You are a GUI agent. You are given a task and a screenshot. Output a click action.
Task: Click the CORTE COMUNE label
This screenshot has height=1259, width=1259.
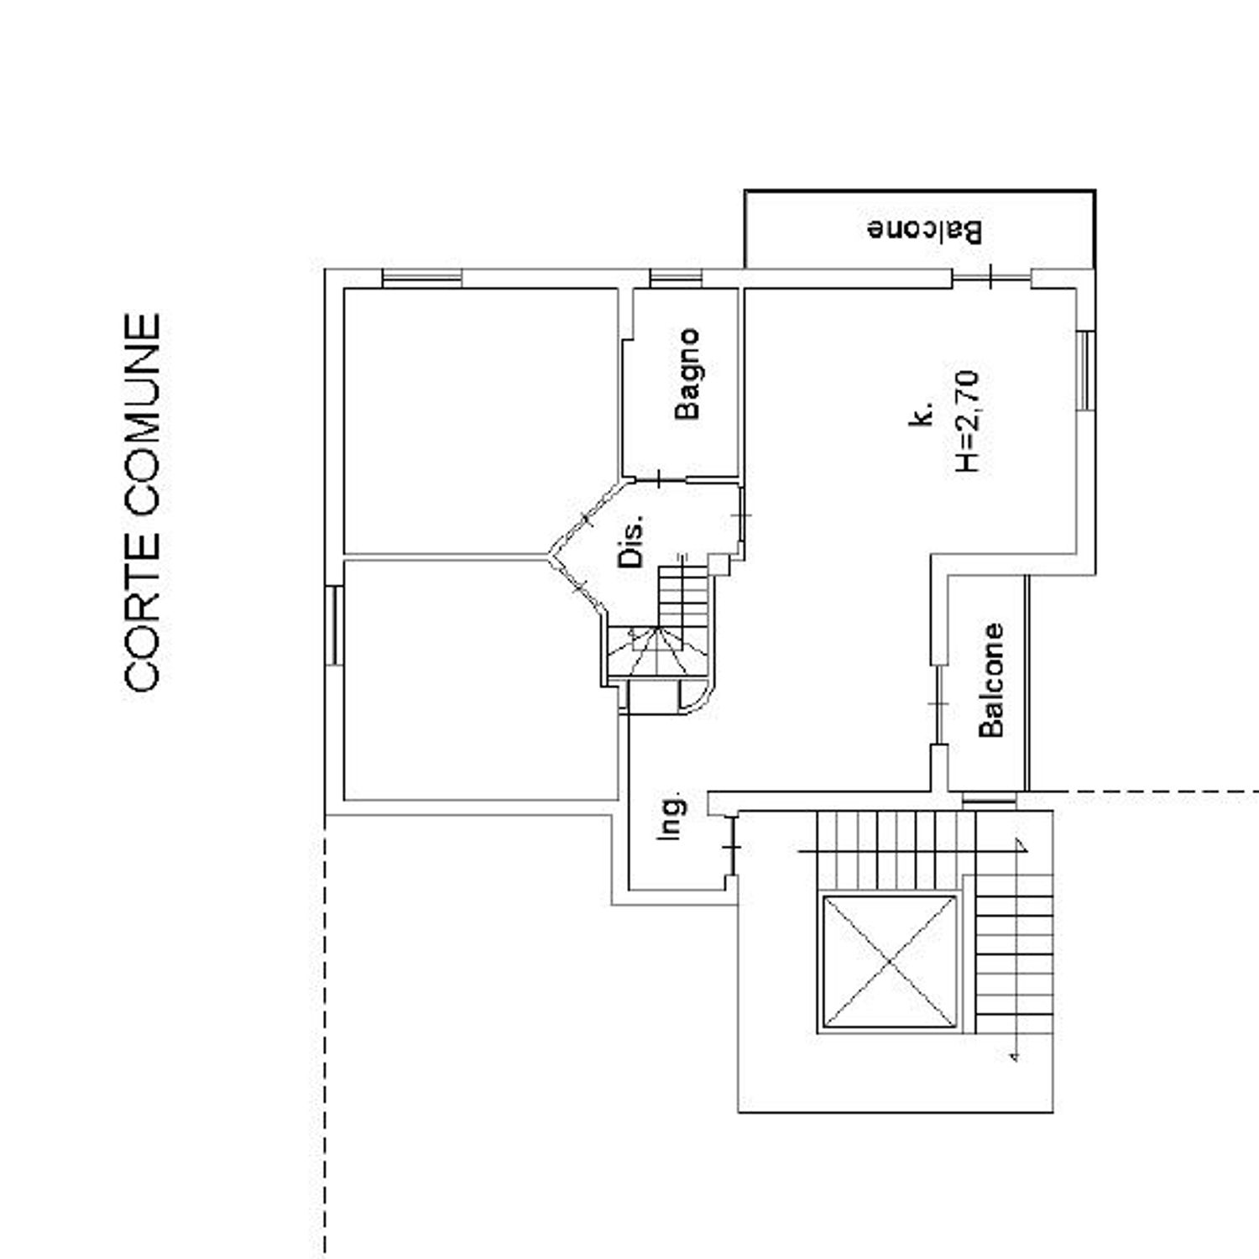pyautogui.click(x=142, y=502)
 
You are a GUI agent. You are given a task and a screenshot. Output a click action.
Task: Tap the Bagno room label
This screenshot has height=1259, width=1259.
pyautogui.click(x=688, y=374)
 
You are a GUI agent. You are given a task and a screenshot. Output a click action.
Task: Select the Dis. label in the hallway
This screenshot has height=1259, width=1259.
pyautogui.click(x=633, y=541)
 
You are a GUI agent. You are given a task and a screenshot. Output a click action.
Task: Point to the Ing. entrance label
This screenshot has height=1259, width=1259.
pyautogui.click(x=671, y=818)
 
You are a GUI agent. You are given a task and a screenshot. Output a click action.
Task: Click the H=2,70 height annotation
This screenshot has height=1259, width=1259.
pyautogui.click(x=968, y=421)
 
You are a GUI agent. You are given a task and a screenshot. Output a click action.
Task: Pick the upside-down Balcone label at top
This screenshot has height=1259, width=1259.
pyautogui.click(x=924, y=230)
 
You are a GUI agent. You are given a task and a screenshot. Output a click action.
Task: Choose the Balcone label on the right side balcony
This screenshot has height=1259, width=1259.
pyautogui.click(x=991, y=680)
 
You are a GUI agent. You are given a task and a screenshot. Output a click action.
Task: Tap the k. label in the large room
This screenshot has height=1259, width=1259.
pyautogui.click(x=922, y=415)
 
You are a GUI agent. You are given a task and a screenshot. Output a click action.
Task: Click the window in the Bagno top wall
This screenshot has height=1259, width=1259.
pyautogui.click(x=677, y=278)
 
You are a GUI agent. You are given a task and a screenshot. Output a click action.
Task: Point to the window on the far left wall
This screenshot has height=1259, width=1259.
pyautogui.click(x=334, y=625)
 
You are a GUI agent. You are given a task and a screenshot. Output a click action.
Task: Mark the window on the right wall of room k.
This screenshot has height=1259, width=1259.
pyautogui.click(x=1085, y=370)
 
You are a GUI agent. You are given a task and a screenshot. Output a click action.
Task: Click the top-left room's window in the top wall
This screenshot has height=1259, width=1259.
pyautogui.click(x=421, y=278)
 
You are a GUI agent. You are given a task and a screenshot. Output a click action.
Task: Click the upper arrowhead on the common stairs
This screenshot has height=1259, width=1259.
pyautogui.click(x=1021, y=845)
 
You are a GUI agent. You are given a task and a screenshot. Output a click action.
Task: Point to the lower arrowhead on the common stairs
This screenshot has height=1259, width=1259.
pyautogui.click(x=1014, y=1053)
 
